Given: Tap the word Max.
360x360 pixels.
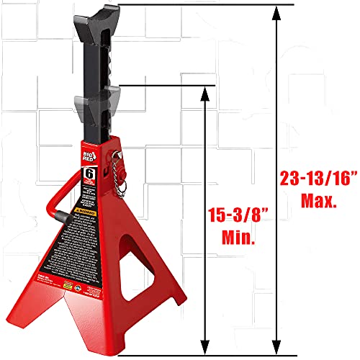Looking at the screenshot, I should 315,202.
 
